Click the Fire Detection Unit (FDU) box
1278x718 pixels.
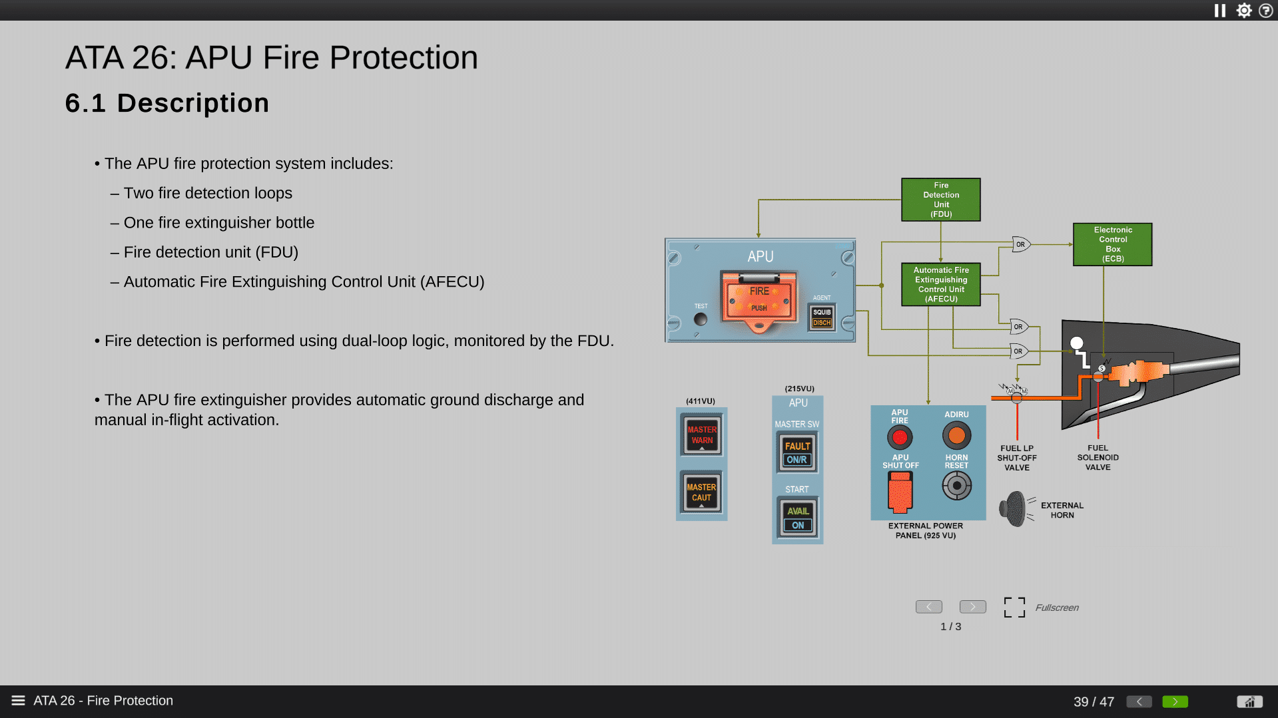tap(940, 200)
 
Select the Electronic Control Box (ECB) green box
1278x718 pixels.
tap(1112, 244)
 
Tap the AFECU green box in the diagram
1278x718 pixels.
tap(940, 284)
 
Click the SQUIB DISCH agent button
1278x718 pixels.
tap(822, 317)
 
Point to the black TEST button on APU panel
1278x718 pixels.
tap(701, 319)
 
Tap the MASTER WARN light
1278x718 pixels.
tap(701, 435)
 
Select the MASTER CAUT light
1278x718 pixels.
tap(701, 492)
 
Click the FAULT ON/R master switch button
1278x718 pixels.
tap(797, 452)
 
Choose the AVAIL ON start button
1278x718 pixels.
tap(797, 518)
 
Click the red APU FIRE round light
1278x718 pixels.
tap(900, 437)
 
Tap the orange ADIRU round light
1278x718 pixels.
tap(956, 436)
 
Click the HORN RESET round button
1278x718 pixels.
tap(956, 486)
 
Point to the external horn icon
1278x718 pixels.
tap(1014, 509)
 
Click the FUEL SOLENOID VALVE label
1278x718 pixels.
tap(1098, 458)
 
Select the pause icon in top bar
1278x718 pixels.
tap(1219, 11)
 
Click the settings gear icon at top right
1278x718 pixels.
tap(1243, 11)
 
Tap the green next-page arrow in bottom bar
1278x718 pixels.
tap(1175, 701)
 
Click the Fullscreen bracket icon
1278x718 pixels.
tap(1014, 607)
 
